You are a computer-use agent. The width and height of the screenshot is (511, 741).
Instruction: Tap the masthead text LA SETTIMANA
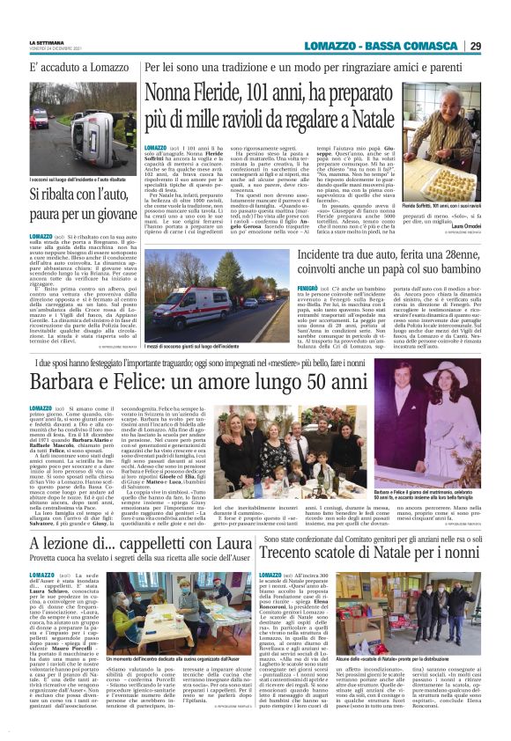pyautogui.click(x=47, y=40)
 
